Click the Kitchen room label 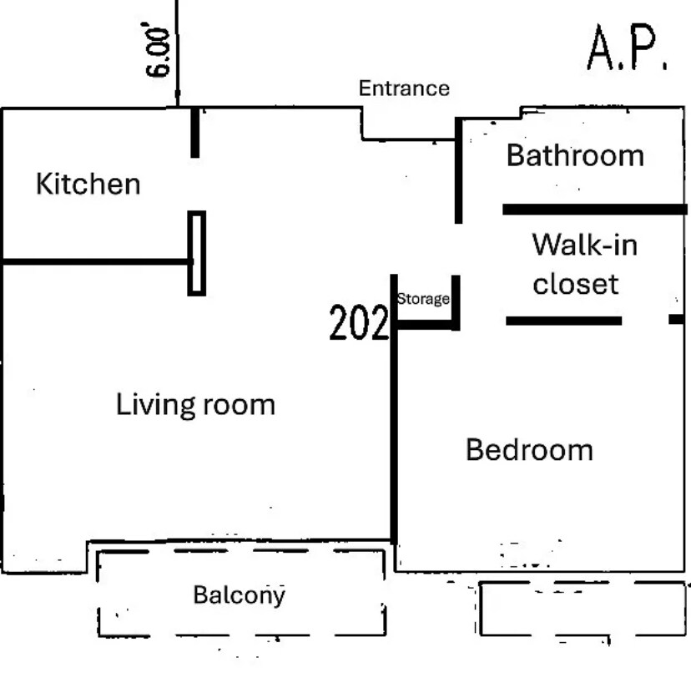click(x=88, y=184)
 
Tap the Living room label click(x=195, y=404)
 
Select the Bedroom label click(x=529, y=450)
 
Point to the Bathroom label click(x=575, y=155)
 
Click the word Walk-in click(x=585, y=245)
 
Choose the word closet click(x=576, y=284)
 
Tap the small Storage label click(x=423, y=299)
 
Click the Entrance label click(x=404, y=89)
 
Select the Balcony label click(x=240, y=595)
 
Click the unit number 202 click(x=359, y=322)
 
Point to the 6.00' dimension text click(x=158, y=52)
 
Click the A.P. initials click(x=628, y=48)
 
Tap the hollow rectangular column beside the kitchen click(x=197, y=253)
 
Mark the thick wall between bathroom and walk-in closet click(x=595, y=210)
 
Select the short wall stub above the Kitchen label click(x=194, y=132)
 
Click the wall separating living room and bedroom click(x=394, y=407)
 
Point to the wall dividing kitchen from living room click(x=97, y=262)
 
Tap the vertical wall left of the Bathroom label click(x=458, y=170)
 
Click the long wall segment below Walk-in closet click(x=563, y=321)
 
